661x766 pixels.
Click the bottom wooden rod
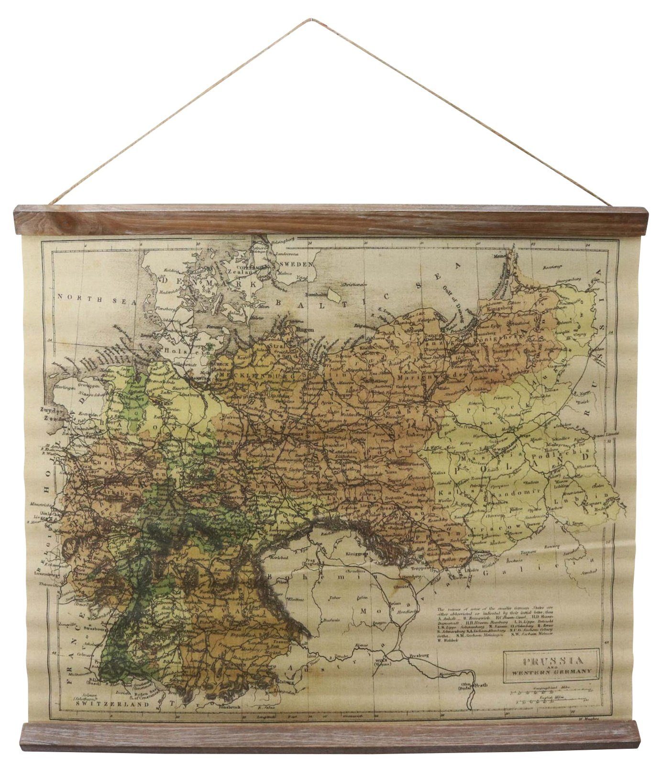[x=330, y=736]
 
